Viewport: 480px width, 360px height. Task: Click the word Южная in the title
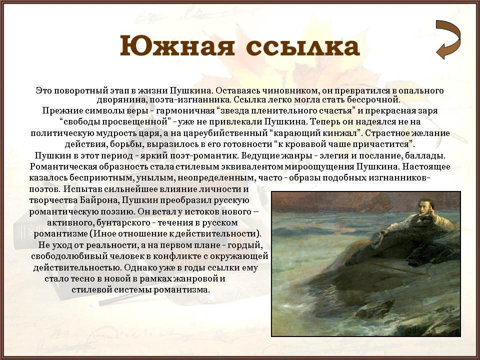point(177,46)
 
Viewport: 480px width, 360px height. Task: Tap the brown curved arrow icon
point(448,39)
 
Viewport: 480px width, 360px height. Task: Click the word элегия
point(335,156)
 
